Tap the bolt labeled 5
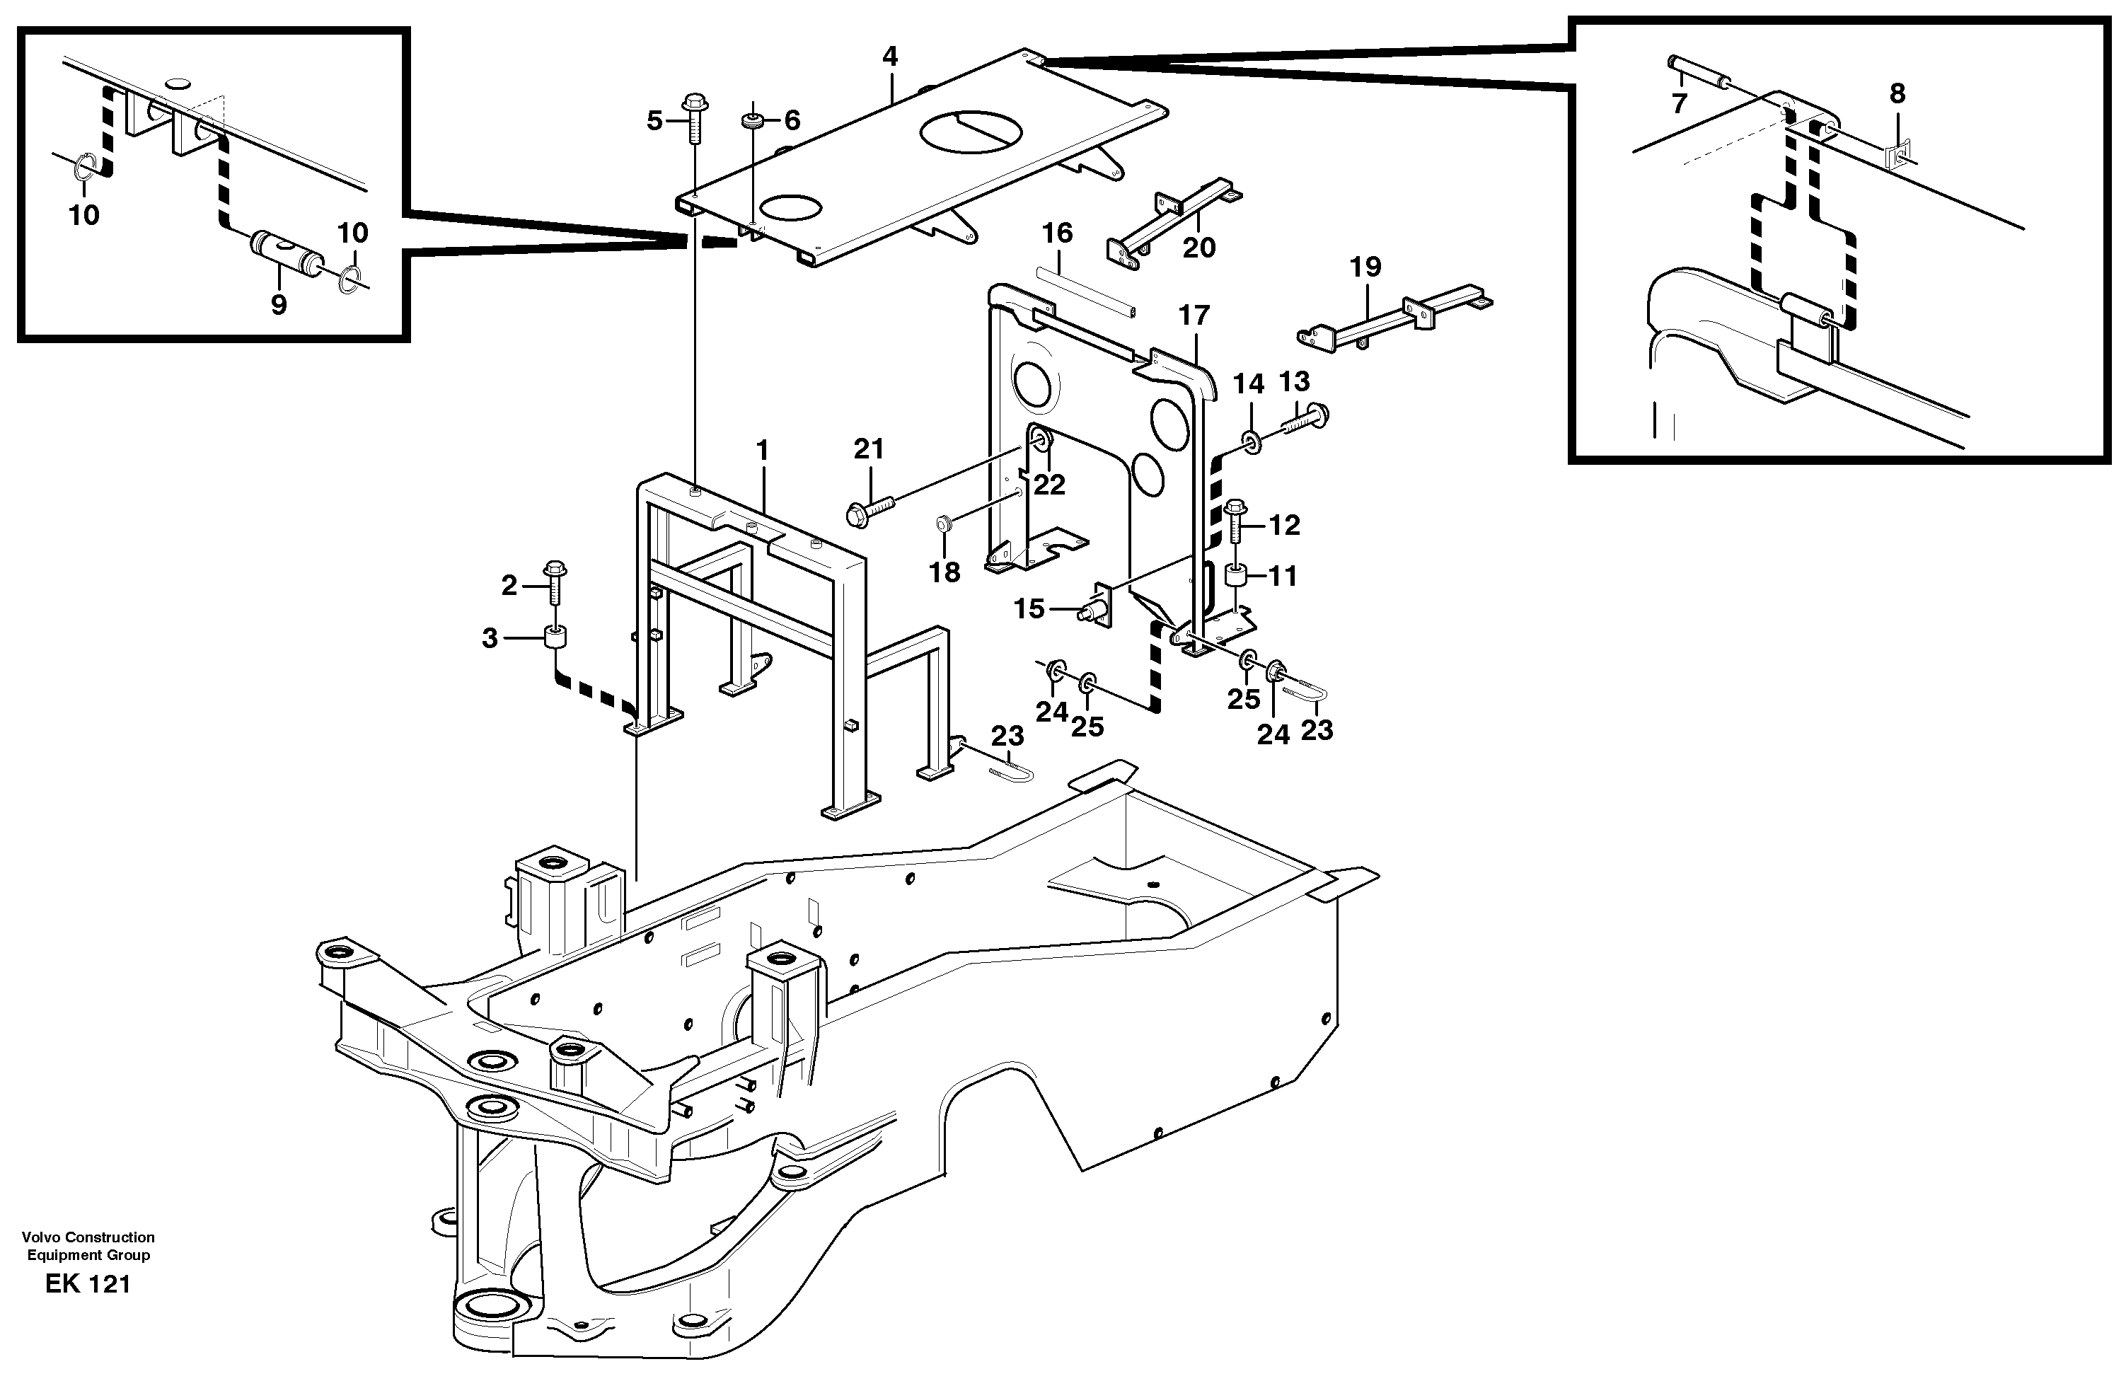(694, 120)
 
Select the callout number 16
(1057, 233)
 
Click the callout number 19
(1365, 266)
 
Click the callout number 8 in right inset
(1897, 93)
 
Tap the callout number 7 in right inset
(1678, 103)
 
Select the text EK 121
(88, 1285)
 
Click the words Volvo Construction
(88, 1237)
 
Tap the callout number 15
(1028, 609)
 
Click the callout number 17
(1194, 316)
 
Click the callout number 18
(944, 572)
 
